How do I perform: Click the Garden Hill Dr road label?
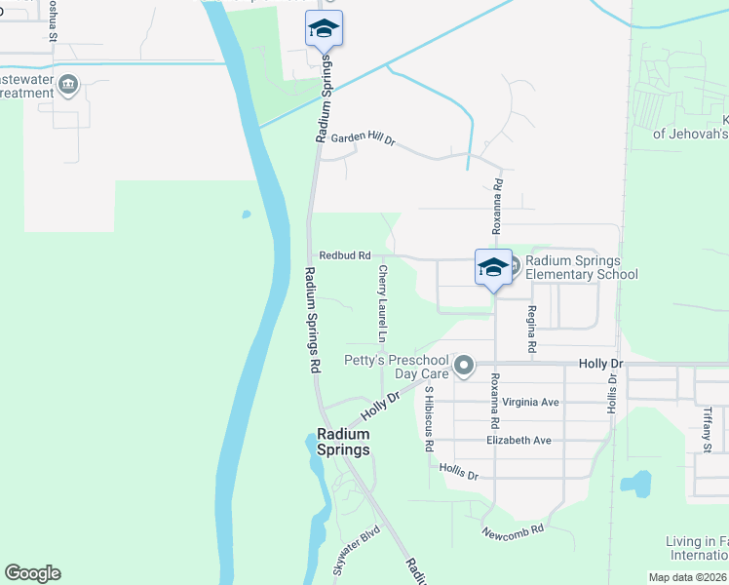tap(363, 139)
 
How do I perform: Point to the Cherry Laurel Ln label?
tap(383, 303)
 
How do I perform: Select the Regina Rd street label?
tap(532, 330)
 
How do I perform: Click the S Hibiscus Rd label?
tap(429, 418)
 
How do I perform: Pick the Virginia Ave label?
tap(530, 402)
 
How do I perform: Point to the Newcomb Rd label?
tap(513, 532)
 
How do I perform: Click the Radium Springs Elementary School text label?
tap(581, 267)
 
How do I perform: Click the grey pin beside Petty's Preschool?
tap(464, 367)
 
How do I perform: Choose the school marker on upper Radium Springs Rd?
tap(324, 29)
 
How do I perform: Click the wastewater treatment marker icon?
tap(68, 86)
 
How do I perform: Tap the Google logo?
tap(32, 573)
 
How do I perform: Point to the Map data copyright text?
tap(688, 577)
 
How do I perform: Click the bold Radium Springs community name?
tap(343, 443)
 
